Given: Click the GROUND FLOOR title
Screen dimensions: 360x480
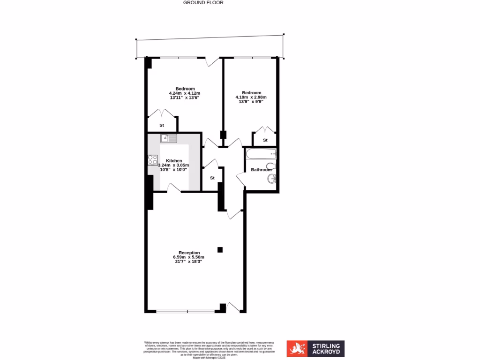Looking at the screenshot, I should pos(203,2).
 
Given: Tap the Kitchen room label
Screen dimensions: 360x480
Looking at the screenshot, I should pos(174,161).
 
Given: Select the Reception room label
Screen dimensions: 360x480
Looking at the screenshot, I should pos(189,253).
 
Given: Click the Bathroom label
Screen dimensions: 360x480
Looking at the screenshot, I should pos(261,170).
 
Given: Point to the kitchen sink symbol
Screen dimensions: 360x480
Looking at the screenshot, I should pos(169,138).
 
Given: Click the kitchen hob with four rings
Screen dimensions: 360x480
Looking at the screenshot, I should pos(153,160).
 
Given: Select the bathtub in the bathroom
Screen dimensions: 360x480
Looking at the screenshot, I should pos(261,154).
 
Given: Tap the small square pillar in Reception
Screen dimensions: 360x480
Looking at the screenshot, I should pos(220,250).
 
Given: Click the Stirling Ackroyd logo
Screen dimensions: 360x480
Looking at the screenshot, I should pos(315,349).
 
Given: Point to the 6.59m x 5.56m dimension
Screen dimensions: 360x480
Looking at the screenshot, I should pos(189,257).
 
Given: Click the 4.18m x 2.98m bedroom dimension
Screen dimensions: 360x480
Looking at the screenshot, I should pos(251,97).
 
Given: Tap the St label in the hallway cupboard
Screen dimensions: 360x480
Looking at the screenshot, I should pos(212,178).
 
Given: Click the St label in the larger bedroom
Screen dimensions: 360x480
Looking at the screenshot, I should pos(162,125).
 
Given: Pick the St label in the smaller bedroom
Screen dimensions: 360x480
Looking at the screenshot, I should pos(265,140).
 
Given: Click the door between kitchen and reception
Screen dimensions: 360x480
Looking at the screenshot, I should pos(174,187).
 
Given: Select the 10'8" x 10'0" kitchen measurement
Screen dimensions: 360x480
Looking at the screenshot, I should pos(174,170).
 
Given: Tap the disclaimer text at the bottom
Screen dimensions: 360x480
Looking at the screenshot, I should pos(209,349).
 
